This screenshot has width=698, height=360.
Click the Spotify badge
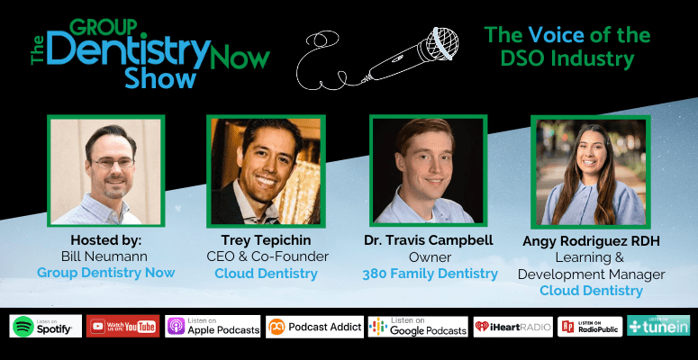point(45,327)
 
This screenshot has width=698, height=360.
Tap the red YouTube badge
point(122,327)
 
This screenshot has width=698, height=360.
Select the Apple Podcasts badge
point(213,327)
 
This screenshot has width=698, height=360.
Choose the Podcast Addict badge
point(314,327)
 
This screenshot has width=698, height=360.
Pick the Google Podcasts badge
point(418,327)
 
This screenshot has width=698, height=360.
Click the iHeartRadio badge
point(512,327)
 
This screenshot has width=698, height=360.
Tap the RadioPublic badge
point(590,327)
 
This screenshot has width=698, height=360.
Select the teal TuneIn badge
point(658,326)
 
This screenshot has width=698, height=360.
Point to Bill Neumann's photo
point(106,171)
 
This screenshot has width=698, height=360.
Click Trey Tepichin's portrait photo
point(266,171)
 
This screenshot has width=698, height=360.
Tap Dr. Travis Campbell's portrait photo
point(428,171)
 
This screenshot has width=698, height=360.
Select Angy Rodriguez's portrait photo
point(591,172)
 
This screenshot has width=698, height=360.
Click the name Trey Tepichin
point(267,240)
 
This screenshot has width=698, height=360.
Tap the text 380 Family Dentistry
point(430,274)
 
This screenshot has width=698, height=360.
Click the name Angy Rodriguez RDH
point(591,241)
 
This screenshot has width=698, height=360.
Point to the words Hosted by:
point(106,240)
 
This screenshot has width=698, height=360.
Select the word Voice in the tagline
point(556,35)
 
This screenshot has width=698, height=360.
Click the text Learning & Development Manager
point(591,265)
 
